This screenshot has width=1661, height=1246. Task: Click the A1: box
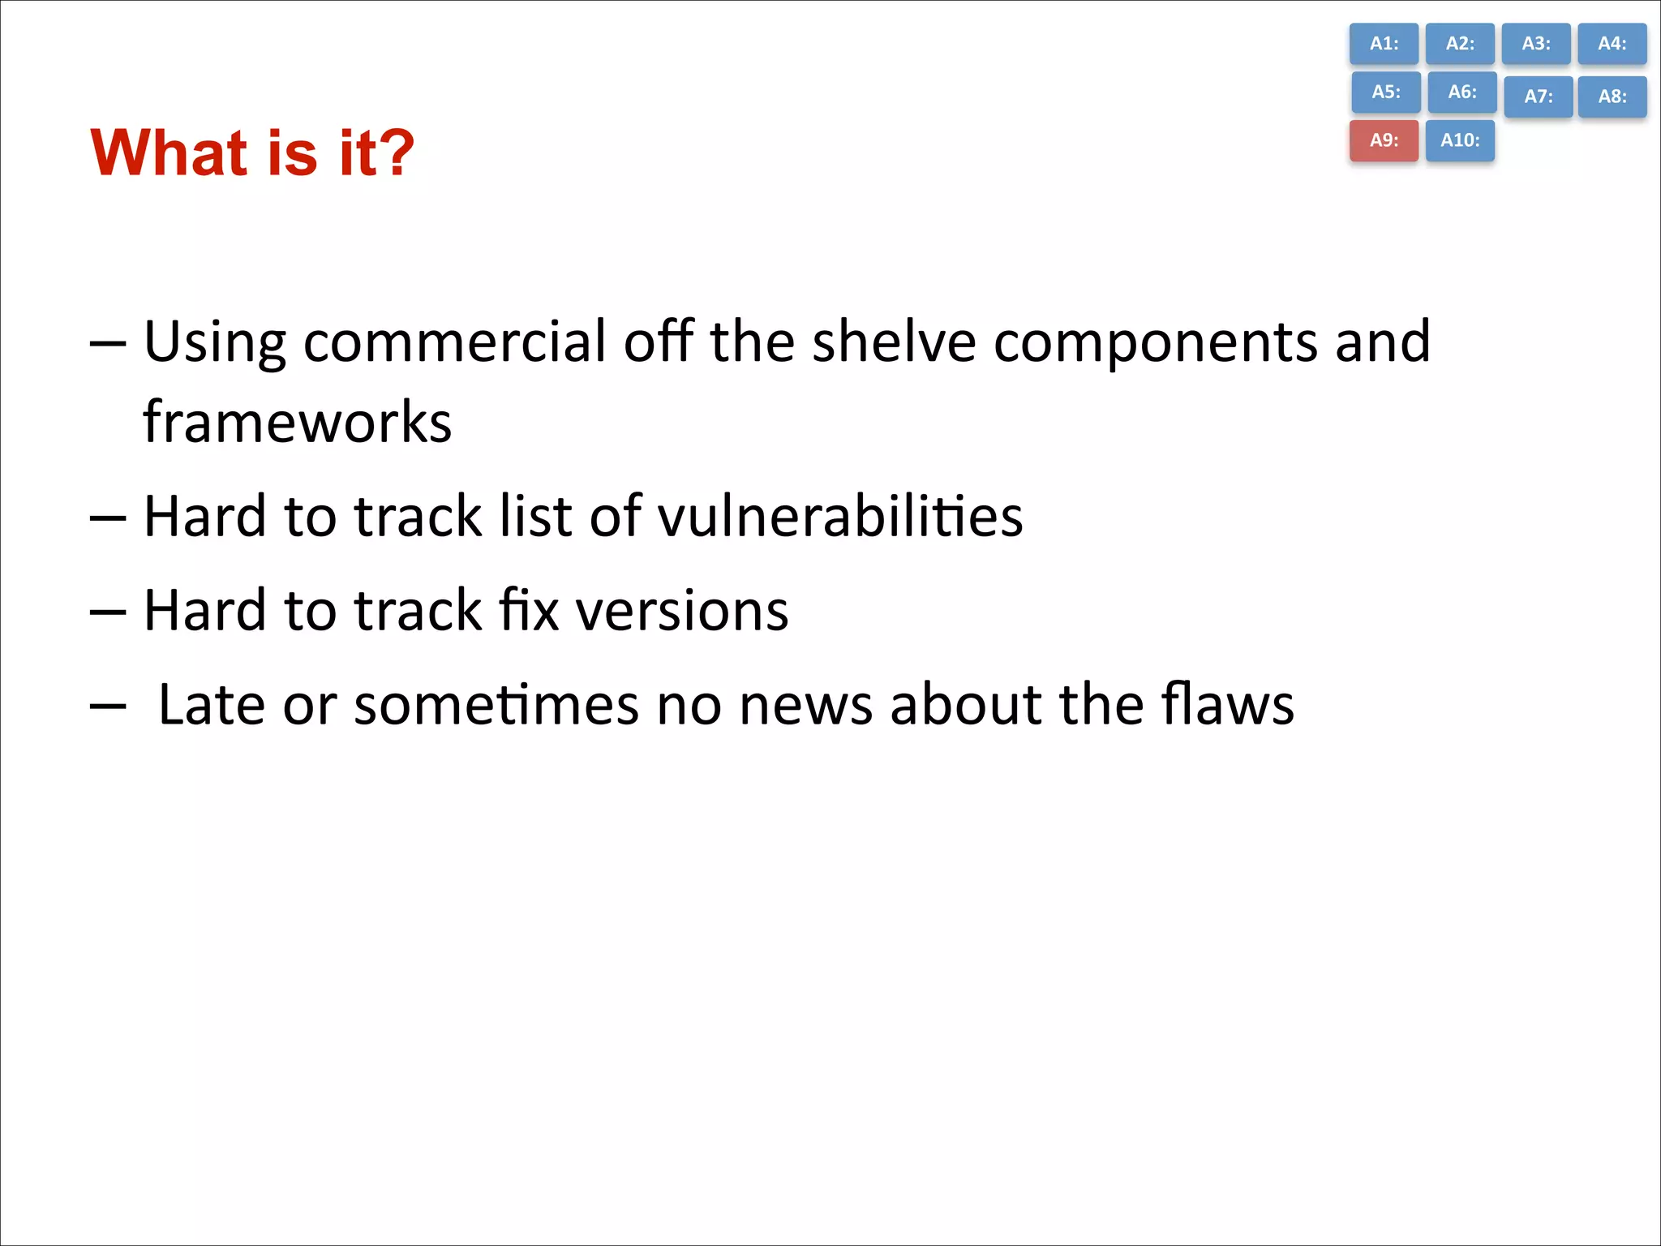(1384, 44)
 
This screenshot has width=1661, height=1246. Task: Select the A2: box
(1460, 44)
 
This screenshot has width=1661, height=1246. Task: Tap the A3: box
(1535, 44)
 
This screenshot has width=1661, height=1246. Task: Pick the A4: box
(1612, 44)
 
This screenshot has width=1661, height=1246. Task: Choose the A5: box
(1385, 92)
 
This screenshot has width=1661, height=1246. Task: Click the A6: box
(1461, 92)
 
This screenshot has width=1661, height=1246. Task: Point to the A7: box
(1538, 97)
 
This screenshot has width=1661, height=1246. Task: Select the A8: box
(1612, 97)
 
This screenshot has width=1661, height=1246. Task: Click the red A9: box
(1384, 140)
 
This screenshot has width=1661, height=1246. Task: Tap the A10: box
(1460, 140)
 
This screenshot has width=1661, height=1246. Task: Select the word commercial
(454, 342)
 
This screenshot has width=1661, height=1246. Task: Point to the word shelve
(894, 342)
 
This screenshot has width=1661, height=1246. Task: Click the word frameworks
(297, 423)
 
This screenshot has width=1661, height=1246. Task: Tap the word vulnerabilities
(839, 516)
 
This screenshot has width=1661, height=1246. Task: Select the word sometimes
(496, 704)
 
